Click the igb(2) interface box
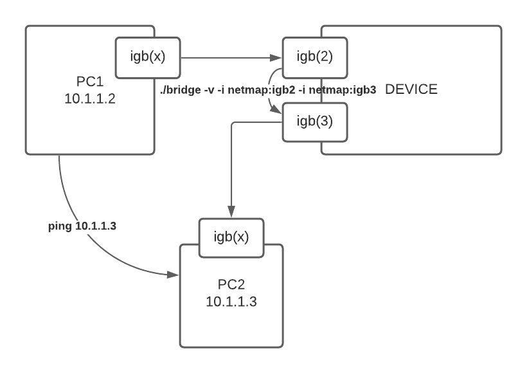(x=316, y=57)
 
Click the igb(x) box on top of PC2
(x=231, y=236)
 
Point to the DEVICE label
(x=411, y=89)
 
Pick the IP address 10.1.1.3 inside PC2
(x=231, y=302)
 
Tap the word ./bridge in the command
(x=176, y=90)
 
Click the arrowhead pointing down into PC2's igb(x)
(x=231, y=213)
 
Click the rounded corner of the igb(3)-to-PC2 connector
(x=233, y=123)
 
